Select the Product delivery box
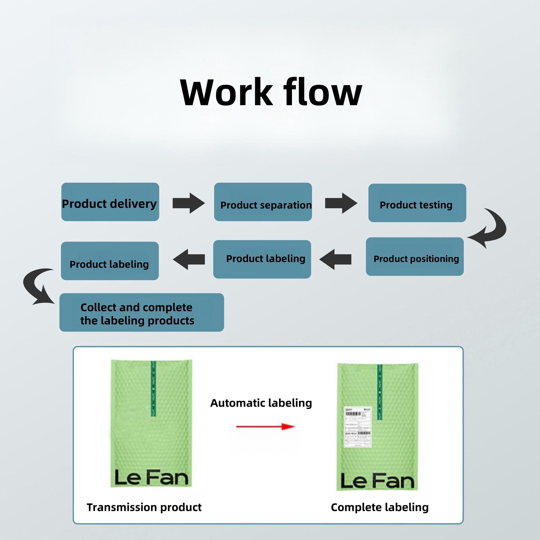(x=110, y=202)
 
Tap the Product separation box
(x=263, y=202)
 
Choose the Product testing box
(x=417, y=203)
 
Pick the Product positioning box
(x=415, y=256)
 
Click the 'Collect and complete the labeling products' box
(x=141, y=312)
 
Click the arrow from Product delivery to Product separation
(x=188, y=203)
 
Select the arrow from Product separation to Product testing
(x=341, y=203)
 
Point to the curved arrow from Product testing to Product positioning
(x=491, y=229)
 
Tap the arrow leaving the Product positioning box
(x=336, y=259)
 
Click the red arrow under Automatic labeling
(x=265, y=427)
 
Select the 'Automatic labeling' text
(x=261, y=403)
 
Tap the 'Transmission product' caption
(x=144, y=507)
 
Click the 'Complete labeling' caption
(x=380, y=507)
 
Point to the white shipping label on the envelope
(x=358, y=427)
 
